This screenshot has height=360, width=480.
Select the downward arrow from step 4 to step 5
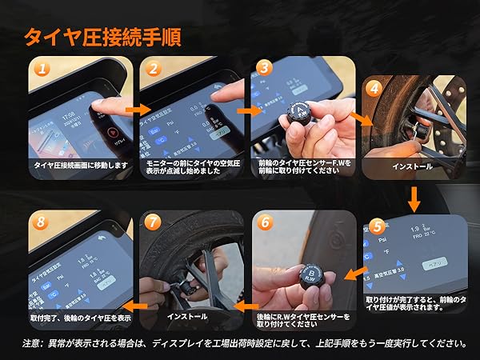point(414,197)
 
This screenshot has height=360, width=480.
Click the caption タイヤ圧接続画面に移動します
point(78,165)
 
